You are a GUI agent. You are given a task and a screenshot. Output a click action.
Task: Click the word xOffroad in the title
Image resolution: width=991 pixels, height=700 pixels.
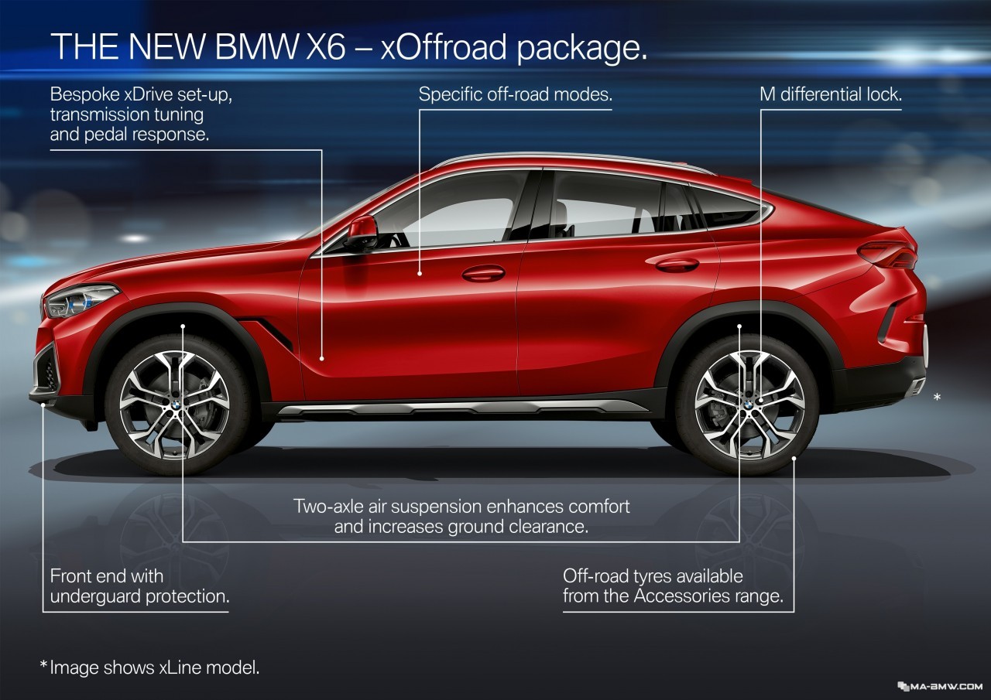[x=444, y=46]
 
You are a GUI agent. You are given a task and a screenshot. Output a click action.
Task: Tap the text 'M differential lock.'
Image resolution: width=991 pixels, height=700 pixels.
[x=831, y=94]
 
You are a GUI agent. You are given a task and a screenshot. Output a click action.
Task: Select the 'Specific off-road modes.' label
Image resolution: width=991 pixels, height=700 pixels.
[x=516, y=94]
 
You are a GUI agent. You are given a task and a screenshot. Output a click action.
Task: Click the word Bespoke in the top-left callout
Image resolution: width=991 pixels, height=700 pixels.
[x=84, y=94]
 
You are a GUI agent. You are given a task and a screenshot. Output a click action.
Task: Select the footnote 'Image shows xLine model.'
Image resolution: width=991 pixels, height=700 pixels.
[x=154, y=668]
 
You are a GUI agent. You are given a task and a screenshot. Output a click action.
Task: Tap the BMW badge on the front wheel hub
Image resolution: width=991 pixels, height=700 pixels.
[x=176, y=405]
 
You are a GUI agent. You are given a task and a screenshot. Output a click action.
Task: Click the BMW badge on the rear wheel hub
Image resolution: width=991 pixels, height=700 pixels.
[x=747, y=405]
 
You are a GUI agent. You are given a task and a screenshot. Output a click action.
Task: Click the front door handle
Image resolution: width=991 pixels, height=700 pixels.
[x=483, y=274]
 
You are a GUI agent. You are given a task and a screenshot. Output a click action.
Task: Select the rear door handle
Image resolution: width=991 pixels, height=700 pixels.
[x=677, y=265]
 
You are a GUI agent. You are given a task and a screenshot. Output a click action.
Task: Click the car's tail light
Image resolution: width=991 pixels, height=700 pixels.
[x=888, y=254]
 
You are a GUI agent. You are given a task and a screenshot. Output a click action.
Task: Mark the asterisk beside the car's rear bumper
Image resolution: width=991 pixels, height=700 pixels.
[x=937, y=396]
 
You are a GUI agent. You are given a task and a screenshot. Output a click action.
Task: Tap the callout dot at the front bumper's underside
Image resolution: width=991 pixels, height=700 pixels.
[x=43, y=405]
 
